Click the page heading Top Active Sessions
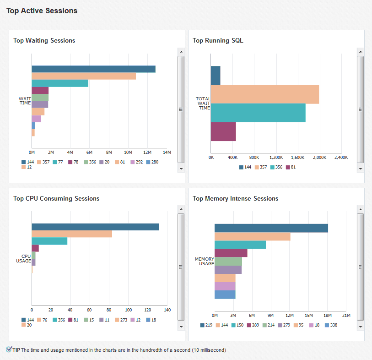pyautogui.click(x=42, y=11)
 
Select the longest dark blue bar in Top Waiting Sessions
pyautogui.click(x=93, y=69)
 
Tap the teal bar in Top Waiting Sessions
pyautogui.click(x=60, y=83)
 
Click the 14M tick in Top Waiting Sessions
pyautogui.click(x=167, y=152)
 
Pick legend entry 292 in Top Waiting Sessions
pyautogui.click(x=137, y=162)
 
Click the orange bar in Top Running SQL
pyautogui.click(x=264, y=94)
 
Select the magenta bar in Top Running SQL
pyautogui.click(x=223, y=132)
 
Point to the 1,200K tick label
pyautogui.click(x=276, y=158)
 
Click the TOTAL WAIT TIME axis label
pyautogui.click(x=203, y=103)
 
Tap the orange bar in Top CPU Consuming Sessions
pyautogui.click(x=72, y=234)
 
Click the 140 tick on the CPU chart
pyautogui.click(x=167, y=310)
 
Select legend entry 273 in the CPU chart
pyautogui.click(x=122, y=320)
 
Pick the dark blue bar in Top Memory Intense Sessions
pyautogui.click(x=271, y=228)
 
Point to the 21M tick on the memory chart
pyautogui.click(x=346, y=316)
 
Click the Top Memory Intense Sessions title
pyautogui.click(x=235, y=199)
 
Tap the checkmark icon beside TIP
pyautogui.click(x=9, y=349)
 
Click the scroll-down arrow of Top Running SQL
pyautogui.click(x=361, y=169)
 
